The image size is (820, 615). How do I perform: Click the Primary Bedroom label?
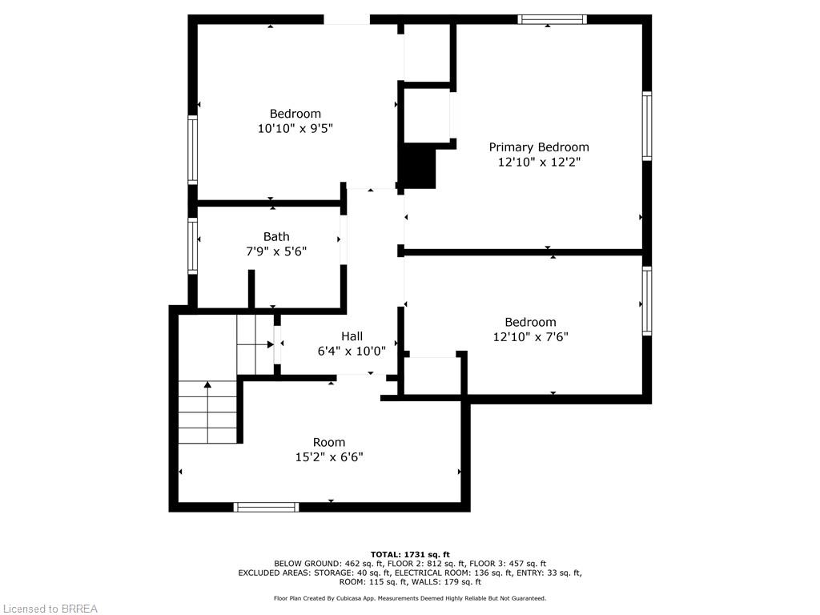click(539, 147)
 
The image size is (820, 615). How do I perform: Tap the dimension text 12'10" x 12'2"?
click(539, 162)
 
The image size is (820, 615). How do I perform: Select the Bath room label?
click(276, 236)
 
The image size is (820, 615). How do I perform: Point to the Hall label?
click(352, 336)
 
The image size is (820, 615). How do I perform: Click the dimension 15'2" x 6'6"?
click(329, 457)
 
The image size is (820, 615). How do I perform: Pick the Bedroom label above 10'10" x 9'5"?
click(295, 114)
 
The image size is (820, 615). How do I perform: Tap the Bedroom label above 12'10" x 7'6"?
click(530, 322)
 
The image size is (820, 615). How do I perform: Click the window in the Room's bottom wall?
click(266, 507)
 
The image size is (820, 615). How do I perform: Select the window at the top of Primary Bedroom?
click(553, 19)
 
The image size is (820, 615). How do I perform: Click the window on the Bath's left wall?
click(192, 246)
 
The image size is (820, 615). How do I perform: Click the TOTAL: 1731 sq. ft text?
click(410, 554)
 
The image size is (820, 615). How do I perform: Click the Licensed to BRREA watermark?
click(50, 609)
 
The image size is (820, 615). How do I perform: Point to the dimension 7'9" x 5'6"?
click(276, 251)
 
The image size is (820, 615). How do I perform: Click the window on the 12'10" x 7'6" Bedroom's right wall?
click(647, 301)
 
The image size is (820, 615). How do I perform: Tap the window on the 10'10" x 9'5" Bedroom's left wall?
click(192, 150)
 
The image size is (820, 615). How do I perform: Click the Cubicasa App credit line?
click(410, 598)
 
